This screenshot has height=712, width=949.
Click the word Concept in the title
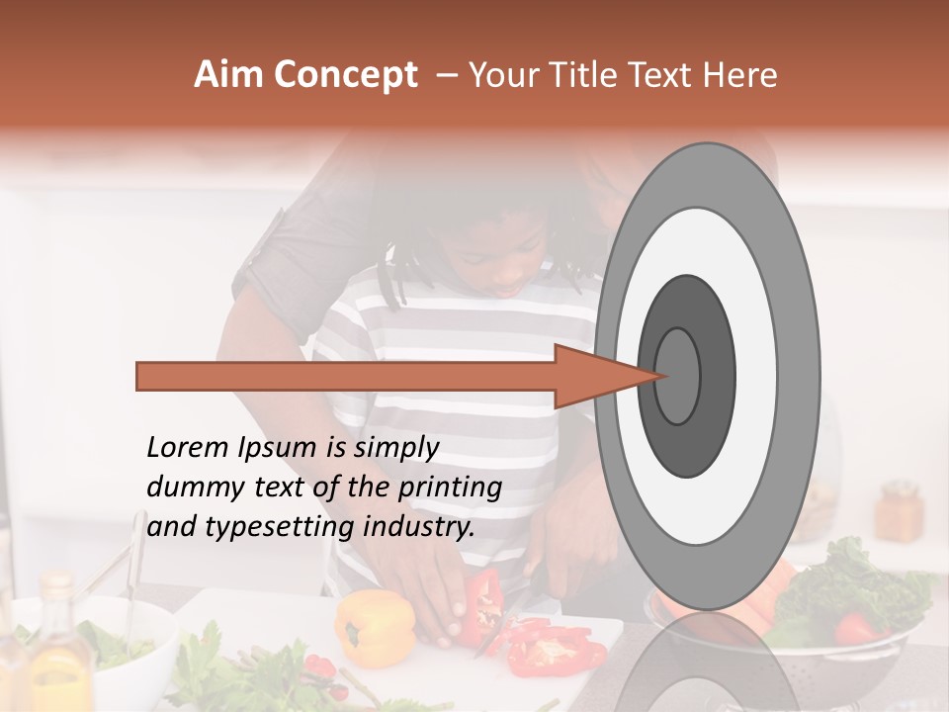346,75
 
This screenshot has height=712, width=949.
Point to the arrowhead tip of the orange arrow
664,376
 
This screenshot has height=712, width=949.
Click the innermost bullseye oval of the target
678,376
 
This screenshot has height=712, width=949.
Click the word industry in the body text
419,527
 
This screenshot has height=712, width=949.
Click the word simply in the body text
395,448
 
